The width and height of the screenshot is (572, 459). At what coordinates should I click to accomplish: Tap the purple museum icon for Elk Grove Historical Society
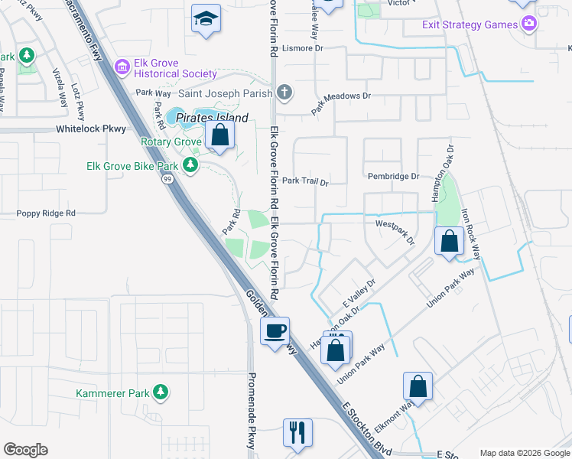tap(122, 67)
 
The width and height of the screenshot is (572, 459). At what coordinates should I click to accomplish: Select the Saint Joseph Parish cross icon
tap(284, 94)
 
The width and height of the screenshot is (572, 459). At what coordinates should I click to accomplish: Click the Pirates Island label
tap(213, 118)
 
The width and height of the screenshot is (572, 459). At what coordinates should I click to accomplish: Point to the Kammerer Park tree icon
tap(160, 392)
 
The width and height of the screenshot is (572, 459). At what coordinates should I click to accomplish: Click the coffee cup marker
tap(275, 330)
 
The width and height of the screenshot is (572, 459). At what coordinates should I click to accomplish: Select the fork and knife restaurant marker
tap(297, 432)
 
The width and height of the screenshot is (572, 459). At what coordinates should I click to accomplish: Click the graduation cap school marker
tap(205, 19)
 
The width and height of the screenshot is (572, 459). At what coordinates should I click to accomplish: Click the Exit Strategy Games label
tap(470, 24)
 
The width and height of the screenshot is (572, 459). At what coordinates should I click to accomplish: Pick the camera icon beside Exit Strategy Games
tap(528, 24)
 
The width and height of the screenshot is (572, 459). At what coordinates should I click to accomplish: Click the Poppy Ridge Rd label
tap(48, 213)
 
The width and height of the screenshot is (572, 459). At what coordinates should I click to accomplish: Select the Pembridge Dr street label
tap(393, 176)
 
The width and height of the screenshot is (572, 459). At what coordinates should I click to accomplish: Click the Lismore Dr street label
tap(304, 47)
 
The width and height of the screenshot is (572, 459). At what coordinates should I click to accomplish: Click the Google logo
tap(25, 450)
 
